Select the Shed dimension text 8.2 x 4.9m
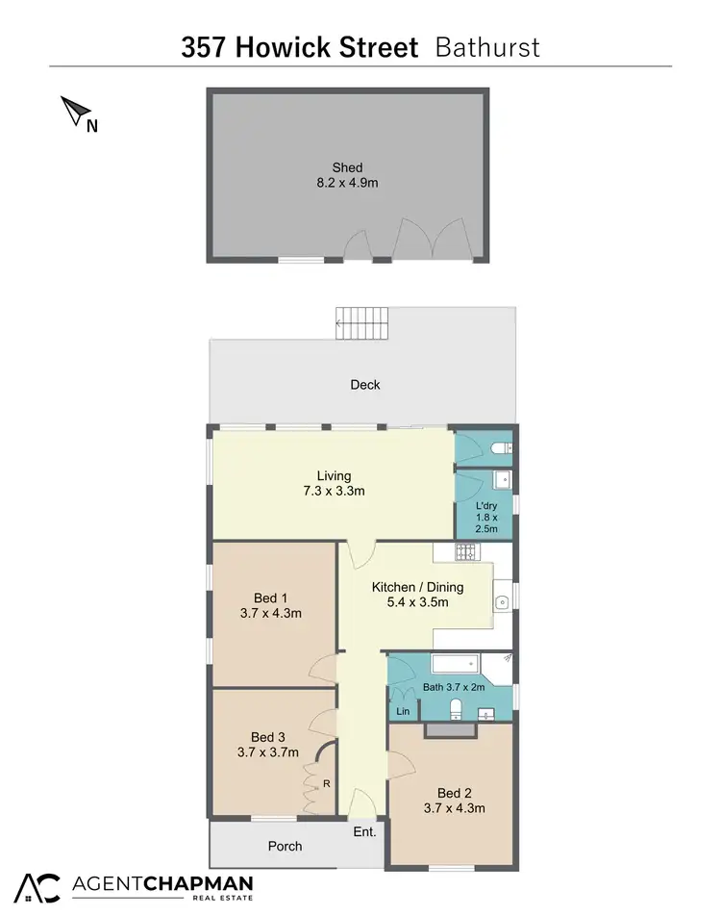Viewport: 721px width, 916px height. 347,182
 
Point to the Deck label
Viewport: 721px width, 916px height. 364,385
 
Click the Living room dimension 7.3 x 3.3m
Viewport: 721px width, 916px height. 334,491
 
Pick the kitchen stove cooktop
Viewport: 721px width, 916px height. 465,552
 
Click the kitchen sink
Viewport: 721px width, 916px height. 502,602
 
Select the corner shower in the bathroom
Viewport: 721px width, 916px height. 499,666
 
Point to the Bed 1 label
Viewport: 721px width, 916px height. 272,596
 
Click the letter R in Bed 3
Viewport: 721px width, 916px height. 326,784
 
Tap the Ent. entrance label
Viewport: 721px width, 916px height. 364,832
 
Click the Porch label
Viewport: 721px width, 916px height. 285,847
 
